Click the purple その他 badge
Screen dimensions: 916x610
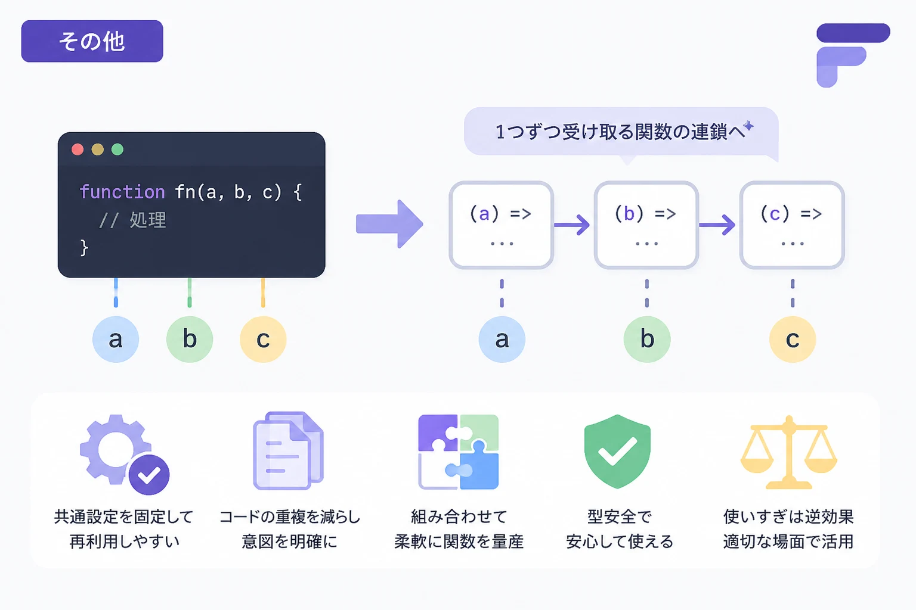pyautogui.click(x=92, y=41)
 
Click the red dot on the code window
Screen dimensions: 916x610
pyautogui.click(x=78, y=150)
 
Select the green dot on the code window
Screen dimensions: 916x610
pyautogui.click(x=117, y=150)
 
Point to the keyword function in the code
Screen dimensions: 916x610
pyautogui.click(x=122, y=192)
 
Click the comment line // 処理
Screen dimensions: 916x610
pyautogui.click(x=133, y=220)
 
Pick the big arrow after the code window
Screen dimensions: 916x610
pyautogui.click(x=389, y=224)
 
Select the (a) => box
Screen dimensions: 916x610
pyautogui.click(x=502, y=225)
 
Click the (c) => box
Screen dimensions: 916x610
pyautogui.click(x=792, y=225)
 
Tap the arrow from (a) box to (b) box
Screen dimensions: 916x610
pyautogui.click(x=572, y=225)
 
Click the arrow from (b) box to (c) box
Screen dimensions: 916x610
pyautogui.click(x=717, y=225)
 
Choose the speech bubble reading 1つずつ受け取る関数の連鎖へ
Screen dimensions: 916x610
pyautogui.click(x=621, y=132)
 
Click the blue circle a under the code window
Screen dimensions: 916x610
pyautogui.click(x=116, y=339)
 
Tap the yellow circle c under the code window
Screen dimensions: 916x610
pyautogui.click(x=263, y=339)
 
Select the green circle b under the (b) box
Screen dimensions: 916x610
pyautogui.click(x=647, y=339)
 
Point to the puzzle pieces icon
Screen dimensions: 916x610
pyautogui.click(x=459, y=452)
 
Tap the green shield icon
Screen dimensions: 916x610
pyautogui.click(x=617, y=452)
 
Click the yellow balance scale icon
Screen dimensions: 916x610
pyautogui.click(x=789, y=452)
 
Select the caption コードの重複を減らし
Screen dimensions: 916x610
pyautogui.click(x=290, y=517)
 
